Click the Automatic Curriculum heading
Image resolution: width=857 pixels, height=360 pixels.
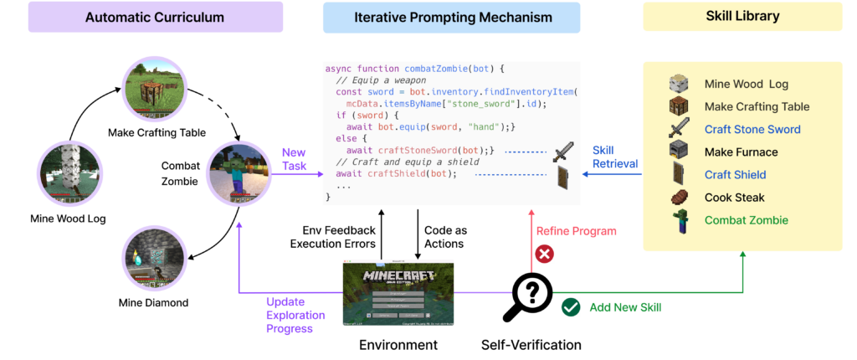click(x=155, y=17)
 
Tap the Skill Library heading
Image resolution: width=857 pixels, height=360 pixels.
click(x=743, y=17)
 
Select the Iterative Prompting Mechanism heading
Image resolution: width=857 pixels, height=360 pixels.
click(x=451, y=17)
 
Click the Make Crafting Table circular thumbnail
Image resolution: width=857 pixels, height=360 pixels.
click(x=153, y=87)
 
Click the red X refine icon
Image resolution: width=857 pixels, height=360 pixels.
click(x=545, y=253)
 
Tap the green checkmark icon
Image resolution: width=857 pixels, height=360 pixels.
click(x=571, y=307)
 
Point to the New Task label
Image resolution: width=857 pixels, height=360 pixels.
click(x=294, y=159)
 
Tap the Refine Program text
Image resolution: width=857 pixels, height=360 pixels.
click(x=575, y=231)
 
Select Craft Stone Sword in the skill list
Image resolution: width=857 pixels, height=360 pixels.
click(x=752, y=129)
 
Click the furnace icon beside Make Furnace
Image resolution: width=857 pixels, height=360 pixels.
click(x=678, y=152)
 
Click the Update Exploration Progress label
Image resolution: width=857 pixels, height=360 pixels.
click(x=290, y=315)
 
